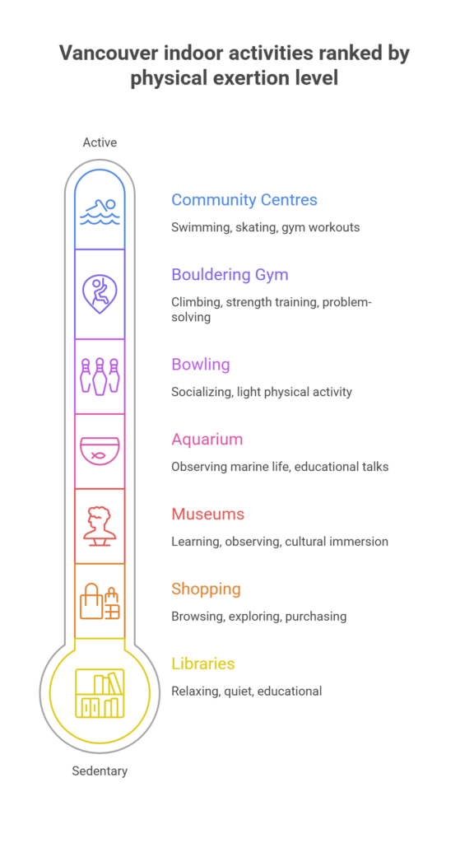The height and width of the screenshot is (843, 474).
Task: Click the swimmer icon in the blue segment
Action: point(100,212)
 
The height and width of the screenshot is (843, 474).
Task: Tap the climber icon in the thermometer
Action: point(100,294)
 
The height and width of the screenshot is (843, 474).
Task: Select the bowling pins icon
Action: point(100,376)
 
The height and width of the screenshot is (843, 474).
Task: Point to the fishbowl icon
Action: point(100,451)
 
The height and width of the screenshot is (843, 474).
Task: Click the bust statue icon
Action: point(100,526)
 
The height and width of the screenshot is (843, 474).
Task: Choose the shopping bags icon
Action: point(100,601)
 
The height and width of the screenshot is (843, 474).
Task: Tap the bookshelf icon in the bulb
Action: point(100,693)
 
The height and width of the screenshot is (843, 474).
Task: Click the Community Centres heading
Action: point(244,200)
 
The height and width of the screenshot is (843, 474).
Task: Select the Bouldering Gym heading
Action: point(230,275)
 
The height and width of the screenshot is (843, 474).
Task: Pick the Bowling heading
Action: point(201,365)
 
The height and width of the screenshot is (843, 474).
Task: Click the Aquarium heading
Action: point(207,440)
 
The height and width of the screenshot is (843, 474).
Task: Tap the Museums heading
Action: point(208,514)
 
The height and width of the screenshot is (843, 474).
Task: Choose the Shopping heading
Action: point(206,589)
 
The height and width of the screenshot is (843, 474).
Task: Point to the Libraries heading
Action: point(203,664)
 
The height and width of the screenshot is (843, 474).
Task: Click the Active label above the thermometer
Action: point(100,142)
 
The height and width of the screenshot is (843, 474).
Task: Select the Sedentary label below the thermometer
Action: point(100,771)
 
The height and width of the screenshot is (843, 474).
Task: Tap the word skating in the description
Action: point(256,227)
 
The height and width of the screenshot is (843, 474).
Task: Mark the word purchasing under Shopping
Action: point(316,616)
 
